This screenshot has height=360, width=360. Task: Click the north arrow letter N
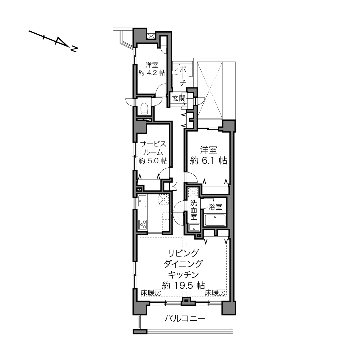(x=74, y=49)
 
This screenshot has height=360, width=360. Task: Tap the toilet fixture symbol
(x=144, y=109)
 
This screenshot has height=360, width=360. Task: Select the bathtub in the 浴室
(x=215, y=221)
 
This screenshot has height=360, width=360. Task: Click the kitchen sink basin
(x=142, y=201)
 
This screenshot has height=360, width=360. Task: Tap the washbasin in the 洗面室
(x=194, y=228)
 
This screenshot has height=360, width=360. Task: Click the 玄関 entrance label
(x=179, y=98)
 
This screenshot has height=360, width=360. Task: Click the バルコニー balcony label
(x=185, y=318)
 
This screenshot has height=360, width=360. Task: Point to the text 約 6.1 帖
(x=208, y=161)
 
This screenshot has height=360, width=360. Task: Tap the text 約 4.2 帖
(x=152, y=73)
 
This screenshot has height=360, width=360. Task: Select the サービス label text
(x=153, y=144)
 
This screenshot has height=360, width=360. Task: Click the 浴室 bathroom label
(x=215, y=207)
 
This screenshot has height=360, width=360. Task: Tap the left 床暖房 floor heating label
(x=151, y=293)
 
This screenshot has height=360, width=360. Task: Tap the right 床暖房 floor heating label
(x=215, y=293)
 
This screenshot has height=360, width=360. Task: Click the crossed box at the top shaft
(x=151, y=36)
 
